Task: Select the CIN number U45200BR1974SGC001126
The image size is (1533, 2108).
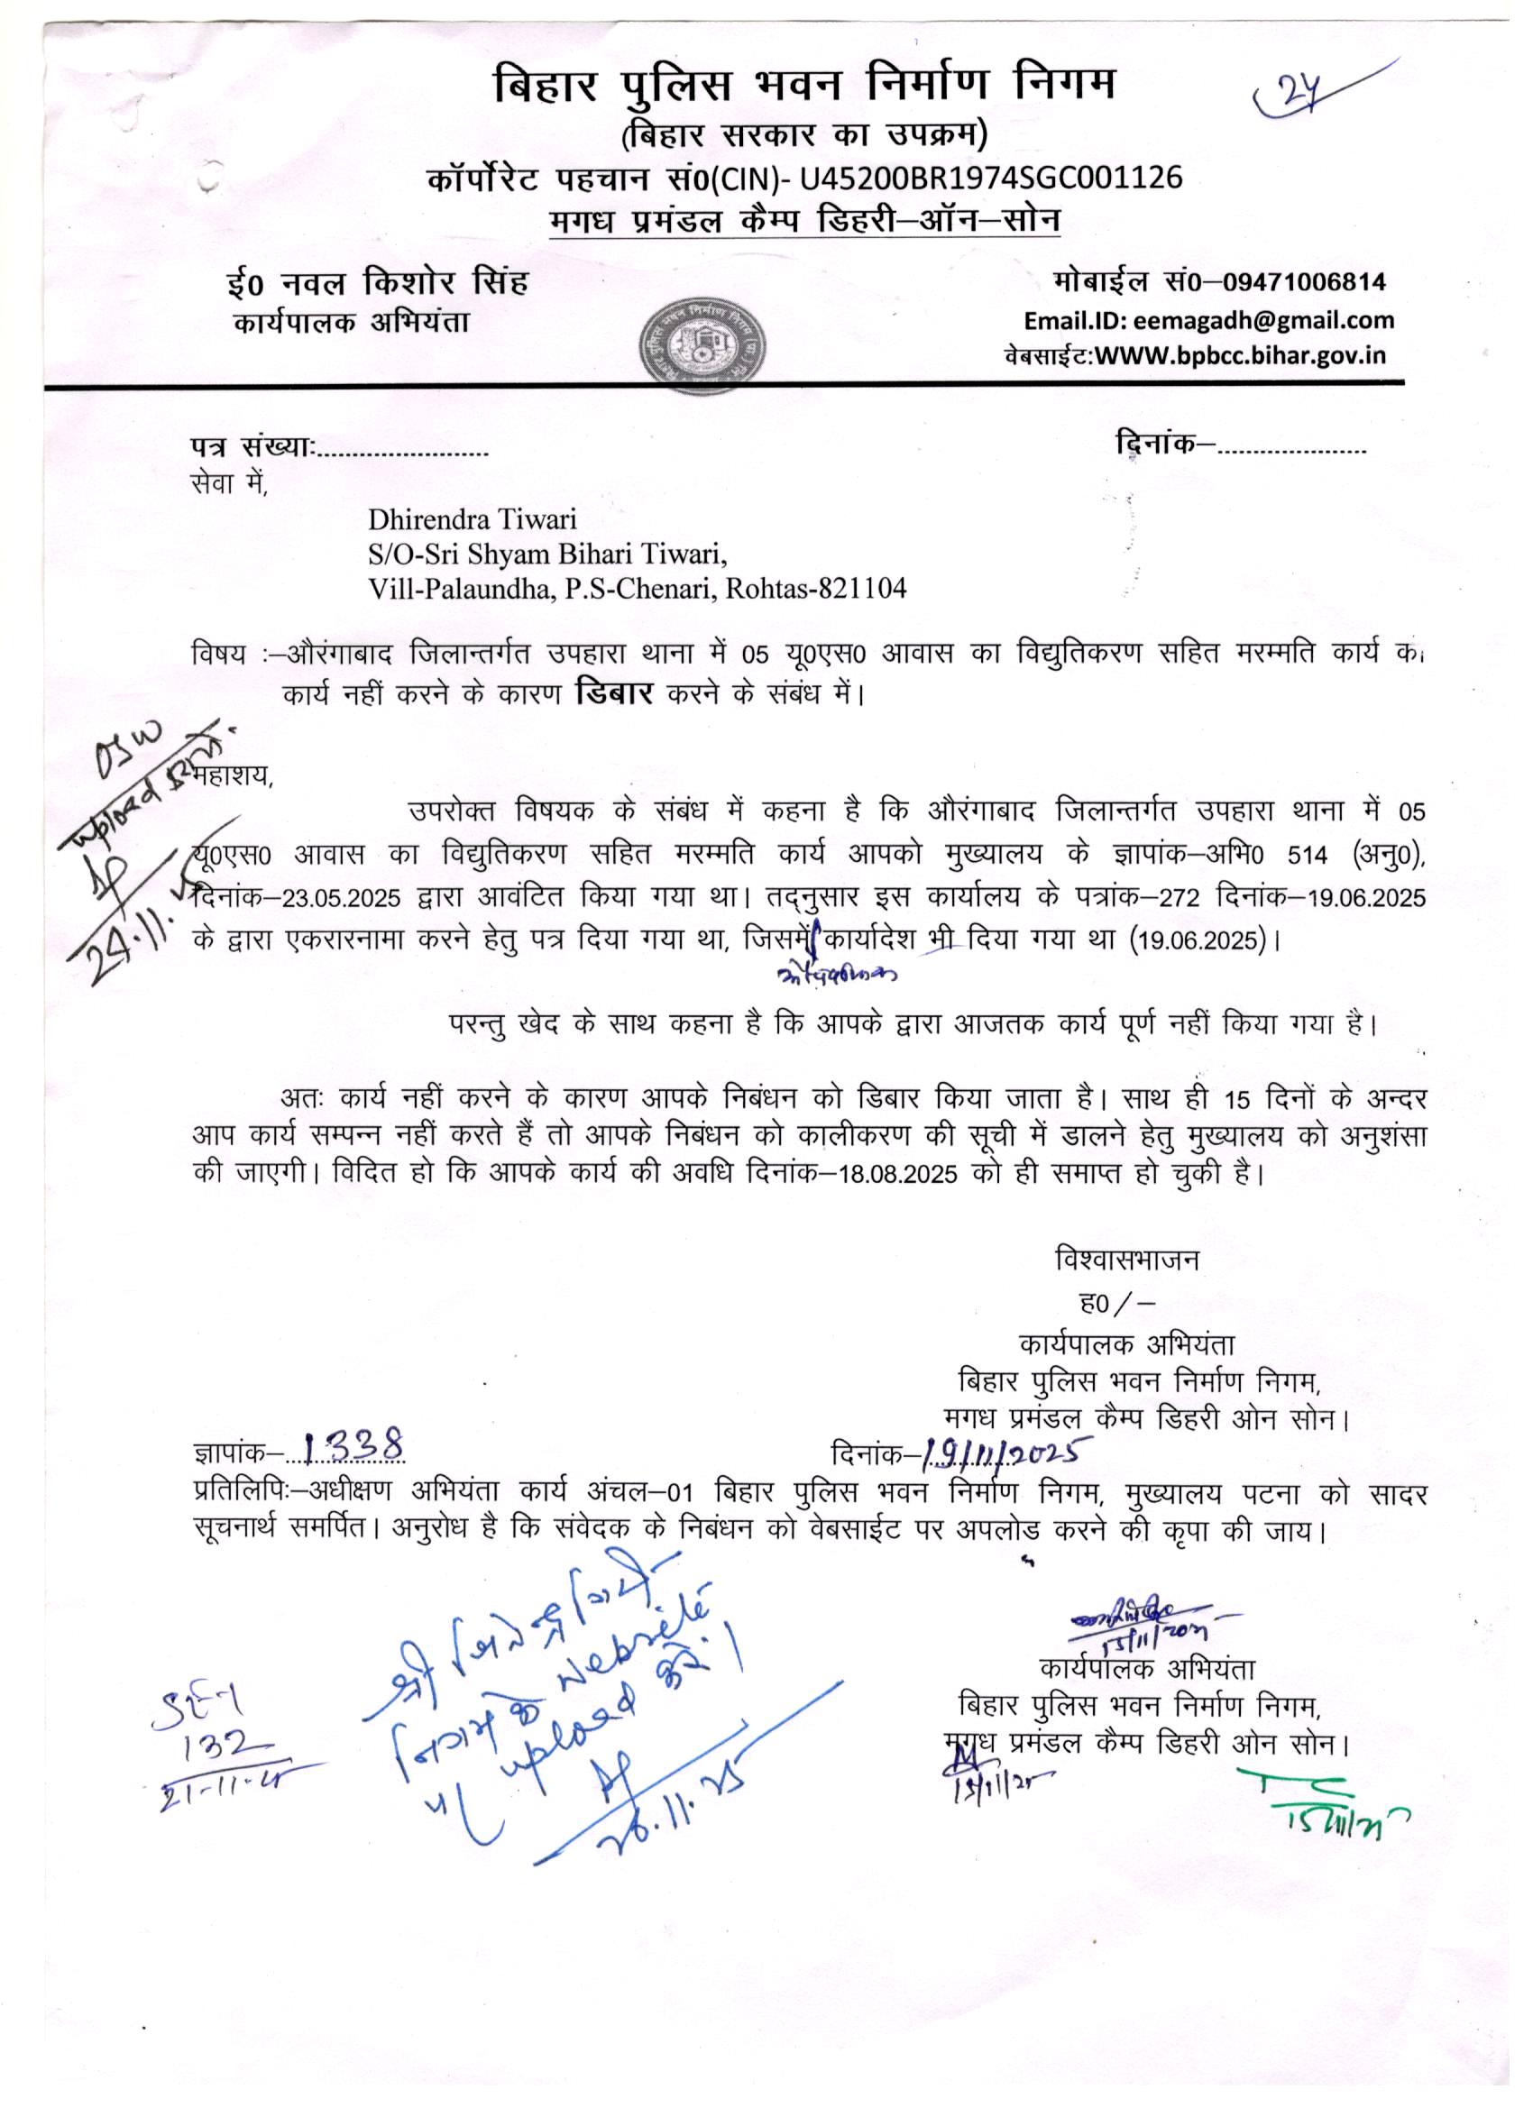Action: click(990, 177)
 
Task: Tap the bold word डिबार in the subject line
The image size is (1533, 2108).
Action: click(617, 692)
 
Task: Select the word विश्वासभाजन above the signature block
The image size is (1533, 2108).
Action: click(1126, 1260)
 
